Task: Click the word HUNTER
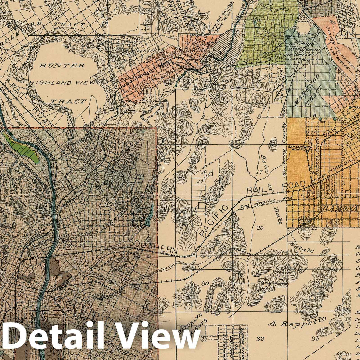62,65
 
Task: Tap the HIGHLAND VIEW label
67,83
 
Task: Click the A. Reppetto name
297,321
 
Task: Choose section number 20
260,228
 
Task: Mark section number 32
260,339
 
